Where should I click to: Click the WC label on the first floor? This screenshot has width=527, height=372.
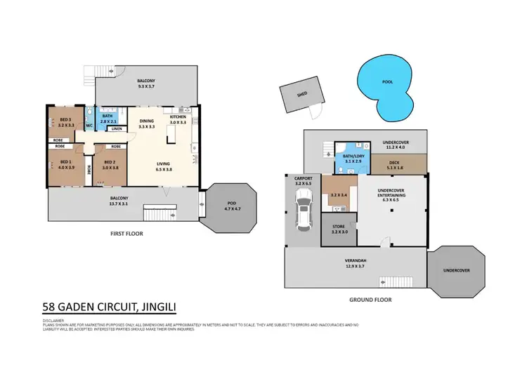[89, 126]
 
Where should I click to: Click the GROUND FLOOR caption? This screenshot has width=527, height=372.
[370, 299]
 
